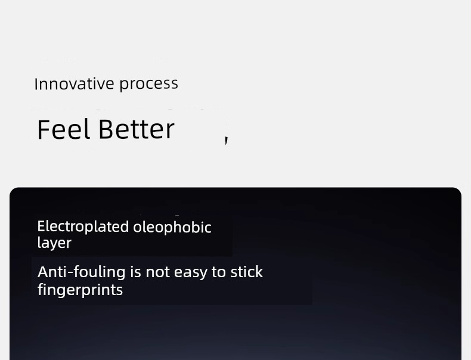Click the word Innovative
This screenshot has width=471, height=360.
coord(74,84)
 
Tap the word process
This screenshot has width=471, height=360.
coord(148,85)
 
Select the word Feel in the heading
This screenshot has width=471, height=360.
coord(63,129)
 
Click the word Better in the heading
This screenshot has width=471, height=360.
coord(137,129)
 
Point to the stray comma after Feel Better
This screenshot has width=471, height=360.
coord(227,140)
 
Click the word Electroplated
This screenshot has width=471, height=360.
coord(83,226)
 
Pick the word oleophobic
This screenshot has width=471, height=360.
coord(172,227)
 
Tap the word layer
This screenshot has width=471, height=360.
coord(54,243)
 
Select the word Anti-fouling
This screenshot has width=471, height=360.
coord(82,272)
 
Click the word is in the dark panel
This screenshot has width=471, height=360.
coord(135,272)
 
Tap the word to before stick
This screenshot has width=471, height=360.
coord(218,272)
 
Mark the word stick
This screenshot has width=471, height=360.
coord(247,272)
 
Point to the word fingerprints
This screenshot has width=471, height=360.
coord(80,290)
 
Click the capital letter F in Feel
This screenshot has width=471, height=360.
coord(44,129)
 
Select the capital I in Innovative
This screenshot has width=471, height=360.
coord(36,84)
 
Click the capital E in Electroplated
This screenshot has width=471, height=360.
coord(41,226)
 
